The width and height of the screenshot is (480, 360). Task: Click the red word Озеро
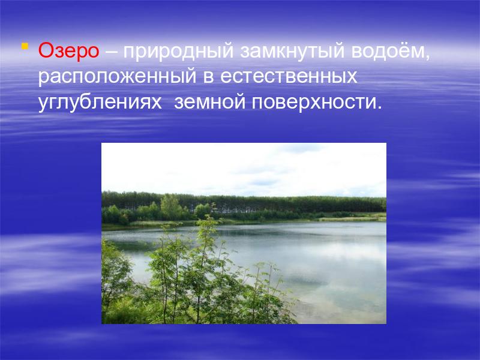tap(68, 51)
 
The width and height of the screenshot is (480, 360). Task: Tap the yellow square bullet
tap(25, 46)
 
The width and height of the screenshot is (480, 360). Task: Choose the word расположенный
tap(117, 77)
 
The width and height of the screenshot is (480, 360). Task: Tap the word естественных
tap(289, 77)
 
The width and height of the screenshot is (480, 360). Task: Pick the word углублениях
tap(100, 103)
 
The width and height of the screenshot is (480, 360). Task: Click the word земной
tap(209, 103)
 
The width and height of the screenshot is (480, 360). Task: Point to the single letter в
tap(208, 77)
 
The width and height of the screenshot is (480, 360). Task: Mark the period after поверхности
tap(380, 107)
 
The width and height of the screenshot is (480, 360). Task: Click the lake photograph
tap(244, 233)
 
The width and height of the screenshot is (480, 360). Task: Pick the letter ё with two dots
tap(399, 51)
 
